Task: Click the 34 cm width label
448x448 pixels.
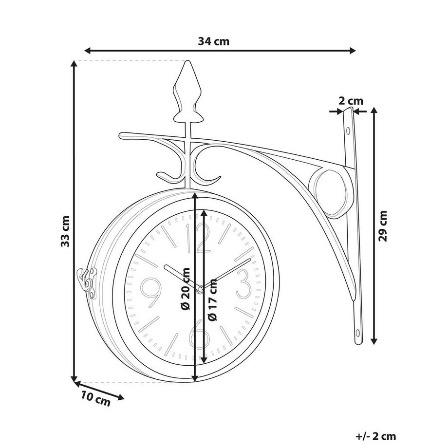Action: pos(214,41)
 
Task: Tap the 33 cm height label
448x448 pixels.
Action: pos(65,231)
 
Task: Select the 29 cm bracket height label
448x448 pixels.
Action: pos(383,226)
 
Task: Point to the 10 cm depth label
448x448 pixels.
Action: pos(95,399)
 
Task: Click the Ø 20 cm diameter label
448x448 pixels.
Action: pos(186,289)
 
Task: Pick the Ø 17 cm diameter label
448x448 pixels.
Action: pos(212,299)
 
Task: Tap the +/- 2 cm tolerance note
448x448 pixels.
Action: pos(376,436)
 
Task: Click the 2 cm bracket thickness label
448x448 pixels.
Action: pos(351,101)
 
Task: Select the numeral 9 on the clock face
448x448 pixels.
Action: pos(150,293)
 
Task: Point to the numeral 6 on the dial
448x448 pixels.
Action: pos(200,334)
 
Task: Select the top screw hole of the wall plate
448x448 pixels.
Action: pos(348,131)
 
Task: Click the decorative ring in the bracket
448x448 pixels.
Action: pos(331,192)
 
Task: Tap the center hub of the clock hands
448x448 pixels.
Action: pos(200,290)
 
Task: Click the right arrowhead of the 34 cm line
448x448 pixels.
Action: pos(353,51)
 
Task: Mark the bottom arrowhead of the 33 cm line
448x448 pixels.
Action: pos(74,378)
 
